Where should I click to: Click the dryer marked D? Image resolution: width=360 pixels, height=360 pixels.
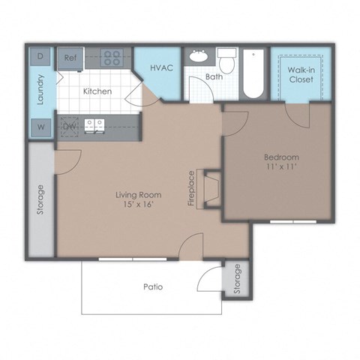(x=40, y=56)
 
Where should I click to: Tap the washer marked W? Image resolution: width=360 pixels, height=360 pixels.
(x=40, y=127)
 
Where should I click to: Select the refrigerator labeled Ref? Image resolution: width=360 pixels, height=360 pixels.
(x=70, y=57)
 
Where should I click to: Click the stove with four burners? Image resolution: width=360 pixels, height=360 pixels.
(x=112, y=57)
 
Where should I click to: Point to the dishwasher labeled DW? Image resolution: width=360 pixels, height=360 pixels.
(x=69, y=126)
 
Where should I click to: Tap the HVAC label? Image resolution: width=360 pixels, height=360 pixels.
(x=161, y=68)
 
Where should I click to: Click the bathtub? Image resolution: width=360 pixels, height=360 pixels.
(x=252, y=73)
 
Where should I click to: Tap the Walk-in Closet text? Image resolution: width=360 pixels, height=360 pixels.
(x=300, y=75)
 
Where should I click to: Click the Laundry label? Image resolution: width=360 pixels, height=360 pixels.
(x=40, y=90)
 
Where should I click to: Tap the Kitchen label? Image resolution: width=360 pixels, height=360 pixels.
(x=97, y=91)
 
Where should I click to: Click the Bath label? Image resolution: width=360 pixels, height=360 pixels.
(x=214, y=76)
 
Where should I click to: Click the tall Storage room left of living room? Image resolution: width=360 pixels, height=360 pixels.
(x=40, y=199)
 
